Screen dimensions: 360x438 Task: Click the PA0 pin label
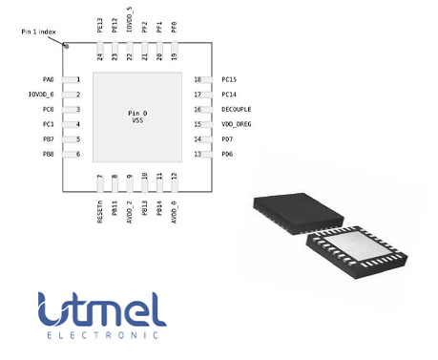48,79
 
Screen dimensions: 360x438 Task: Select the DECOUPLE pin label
236,109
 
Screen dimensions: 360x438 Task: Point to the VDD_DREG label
236,124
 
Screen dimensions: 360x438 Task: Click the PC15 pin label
229,79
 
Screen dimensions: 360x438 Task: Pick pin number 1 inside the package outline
78,79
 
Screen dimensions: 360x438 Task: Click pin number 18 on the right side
198,79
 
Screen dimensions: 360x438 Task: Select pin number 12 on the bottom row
174,177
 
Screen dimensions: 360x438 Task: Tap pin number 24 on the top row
100,57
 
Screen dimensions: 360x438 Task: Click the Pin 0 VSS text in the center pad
137,116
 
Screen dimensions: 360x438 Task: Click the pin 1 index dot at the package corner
67,46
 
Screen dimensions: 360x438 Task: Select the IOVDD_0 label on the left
42,95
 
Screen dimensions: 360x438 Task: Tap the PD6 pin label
227,154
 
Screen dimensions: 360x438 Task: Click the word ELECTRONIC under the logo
102,337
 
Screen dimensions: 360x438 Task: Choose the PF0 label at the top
174,27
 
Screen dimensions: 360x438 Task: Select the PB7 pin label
48,139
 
